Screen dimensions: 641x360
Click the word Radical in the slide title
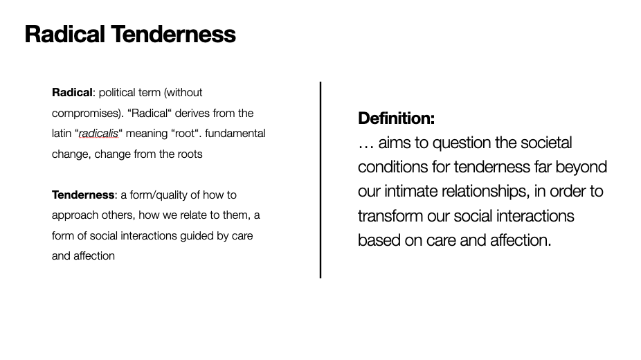coord(64,34)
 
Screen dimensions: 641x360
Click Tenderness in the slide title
coord(173,34)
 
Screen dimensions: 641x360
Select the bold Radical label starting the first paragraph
coord(72,93)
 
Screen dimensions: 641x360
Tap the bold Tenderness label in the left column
coord(83,195)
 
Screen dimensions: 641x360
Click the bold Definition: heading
coord(396,118)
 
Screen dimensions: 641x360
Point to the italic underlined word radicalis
coord(98,134)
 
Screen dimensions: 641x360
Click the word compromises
coord(87,114)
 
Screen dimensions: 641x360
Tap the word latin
coord(62,134)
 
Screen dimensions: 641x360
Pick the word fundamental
coord(235,134)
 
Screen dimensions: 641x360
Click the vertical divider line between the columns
coord(320,180)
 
